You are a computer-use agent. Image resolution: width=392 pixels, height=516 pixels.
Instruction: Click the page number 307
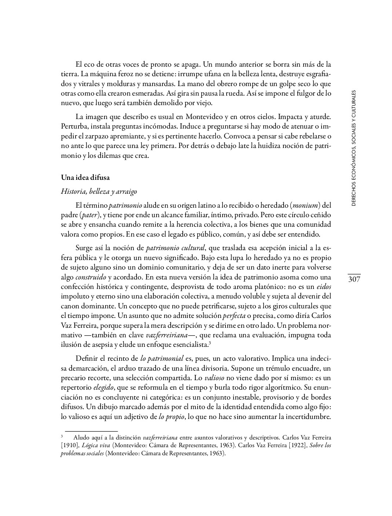pyautogui.click(x=354, y=280)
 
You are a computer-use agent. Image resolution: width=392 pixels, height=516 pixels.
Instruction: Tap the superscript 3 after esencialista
pyautogui.click(x=209, y=343)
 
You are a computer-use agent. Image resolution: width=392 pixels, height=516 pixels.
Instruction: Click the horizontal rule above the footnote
pyautogui.click(x=91, y=431)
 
